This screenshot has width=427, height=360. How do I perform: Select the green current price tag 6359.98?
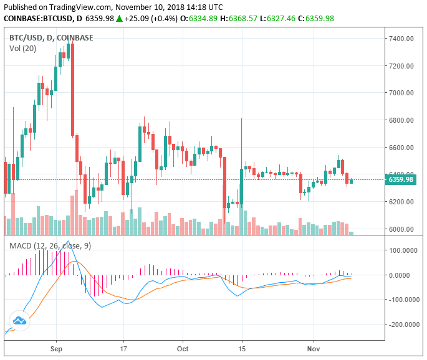pyautogui.click(x=401, y=180)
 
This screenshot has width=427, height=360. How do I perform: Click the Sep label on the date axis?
pyautogui.click(x=57, y=349)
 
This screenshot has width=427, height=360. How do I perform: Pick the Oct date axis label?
pyautogui.click(x=183, y=349)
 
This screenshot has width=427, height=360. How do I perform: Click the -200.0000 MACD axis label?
pyautogui.click(x=403, y=324)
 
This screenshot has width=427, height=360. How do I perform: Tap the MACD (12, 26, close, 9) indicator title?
pyautogui.click(x=50, y=246)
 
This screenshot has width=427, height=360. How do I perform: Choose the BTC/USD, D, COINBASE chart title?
pyautogui.click(x=51, y=37)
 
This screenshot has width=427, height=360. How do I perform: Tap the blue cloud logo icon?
pyautogui.click(x=19, y=321)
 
